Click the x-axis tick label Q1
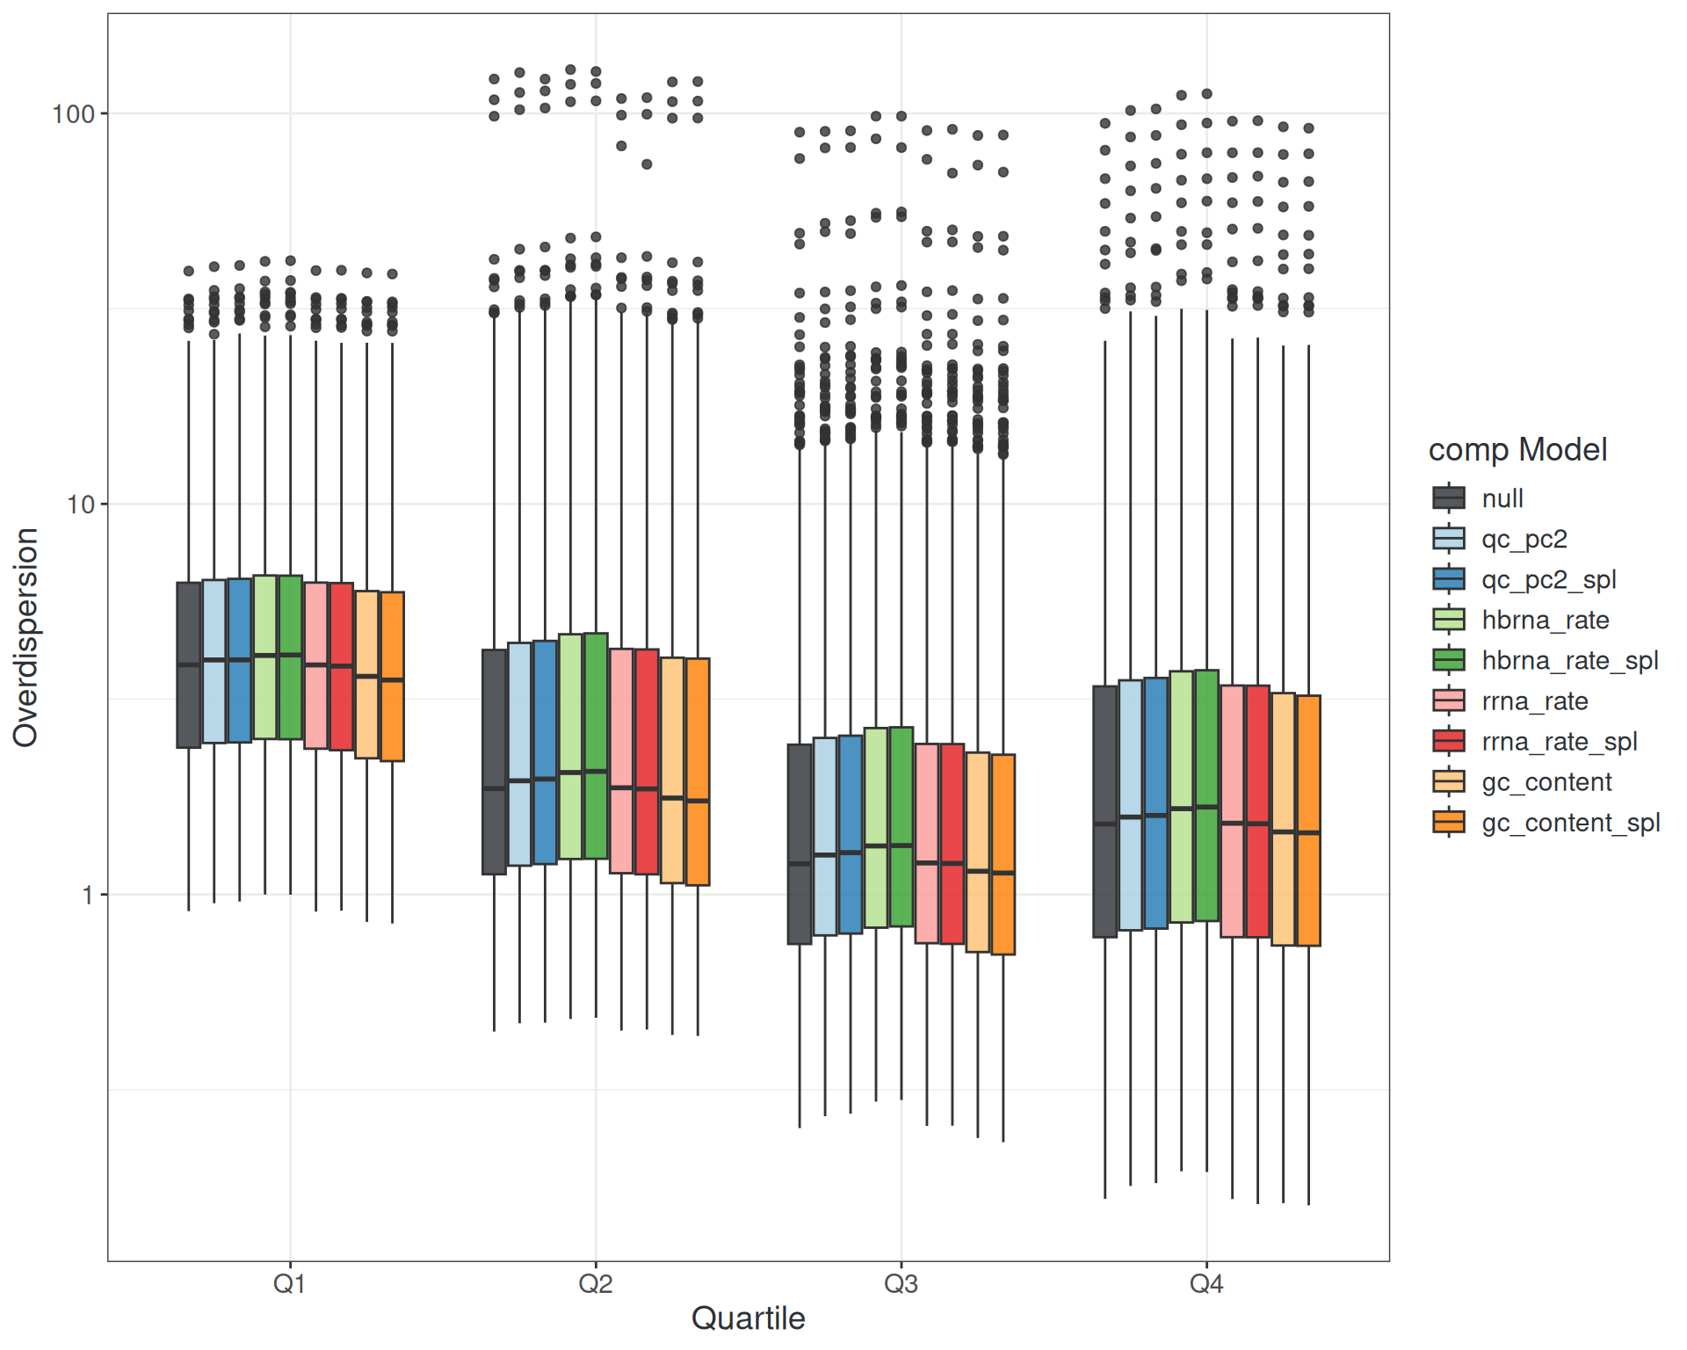(289, 1284)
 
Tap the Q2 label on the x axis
(595, 1284)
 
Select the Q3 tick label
(901, 1284)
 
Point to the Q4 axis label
(1206, 1284)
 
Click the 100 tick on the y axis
(73, 114)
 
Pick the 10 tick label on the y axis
(80, 504)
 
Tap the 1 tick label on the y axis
(87, 896)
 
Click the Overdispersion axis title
(26, 637)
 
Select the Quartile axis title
(748, 1318)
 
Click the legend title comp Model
(1517, 450)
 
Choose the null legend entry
(1502, 498)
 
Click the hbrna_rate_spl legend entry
(1569, 660)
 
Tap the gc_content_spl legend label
(1570, 823)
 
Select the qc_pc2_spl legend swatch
(1449, 579)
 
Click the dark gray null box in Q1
(189, 665)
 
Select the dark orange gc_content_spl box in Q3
(1003, 854)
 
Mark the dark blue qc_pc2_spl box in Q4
(1156, 802)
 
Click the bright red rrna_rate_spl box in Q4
(1257, 811)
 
